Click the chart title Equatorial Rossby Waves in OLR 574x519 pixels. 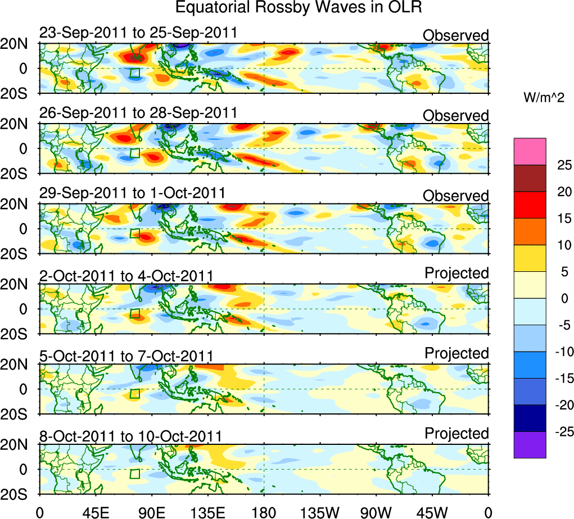[298, 8]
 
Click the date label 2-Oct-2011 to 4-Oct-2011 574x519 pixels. [126, 276]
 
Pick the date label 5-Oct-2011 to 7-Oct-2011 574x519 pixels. [126, 356]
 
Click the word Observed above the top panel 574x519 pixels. [456, 35]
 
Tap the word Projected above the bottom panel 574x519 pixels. [457, 434]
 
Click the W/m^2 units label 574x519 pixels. [543, 98]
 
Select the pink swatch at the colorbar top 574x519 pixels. [530, 152]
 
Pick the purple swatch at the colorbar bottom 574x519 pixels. [530, 445]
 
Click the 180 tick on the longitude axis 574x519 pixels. [264, 512]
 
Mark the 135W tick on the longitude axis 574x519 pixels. [320, 512]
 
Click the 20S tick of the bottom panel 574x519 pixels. [17, 494]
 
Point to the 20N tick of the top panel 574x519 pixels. [17, 44]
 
